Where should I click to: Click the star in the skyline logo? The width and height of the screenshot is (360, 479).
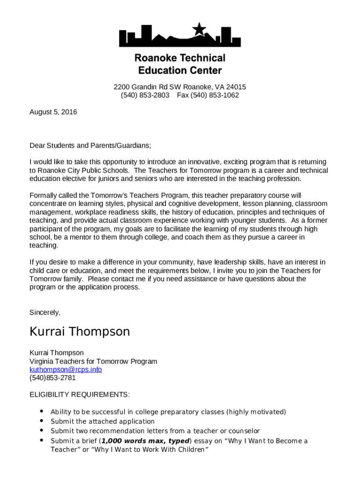point(199,29)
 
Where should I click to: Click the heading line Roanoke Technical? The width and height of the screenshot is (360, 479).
point(180,58)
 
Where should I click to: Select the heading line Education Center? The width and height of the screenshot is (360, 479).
point(180,71)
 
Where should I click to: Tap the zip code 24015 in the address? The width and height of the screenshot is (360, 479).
point(236,87)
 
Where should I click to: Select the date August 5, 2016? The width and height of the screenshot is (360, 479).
point(53,112)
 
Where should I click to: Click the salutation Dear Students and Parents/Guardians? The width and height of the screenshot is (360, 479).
point(90,145)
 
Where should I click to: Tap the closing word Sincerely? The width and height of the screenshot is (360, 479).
point(45,312)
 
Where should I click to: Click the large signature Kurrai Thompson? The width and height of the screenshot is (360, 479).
point(79,332)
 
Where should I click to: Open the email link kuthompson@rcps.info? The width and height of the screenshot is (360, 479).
point(65,370)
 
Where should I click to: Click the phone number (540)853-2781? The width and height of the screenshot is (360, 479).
point(52,378)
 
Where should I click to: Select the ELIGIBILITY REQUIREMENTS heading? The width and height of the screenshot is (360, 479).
point(79,395)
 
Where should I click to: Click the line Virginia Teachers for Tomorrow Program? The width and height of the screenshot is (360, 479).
point(93,362)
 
